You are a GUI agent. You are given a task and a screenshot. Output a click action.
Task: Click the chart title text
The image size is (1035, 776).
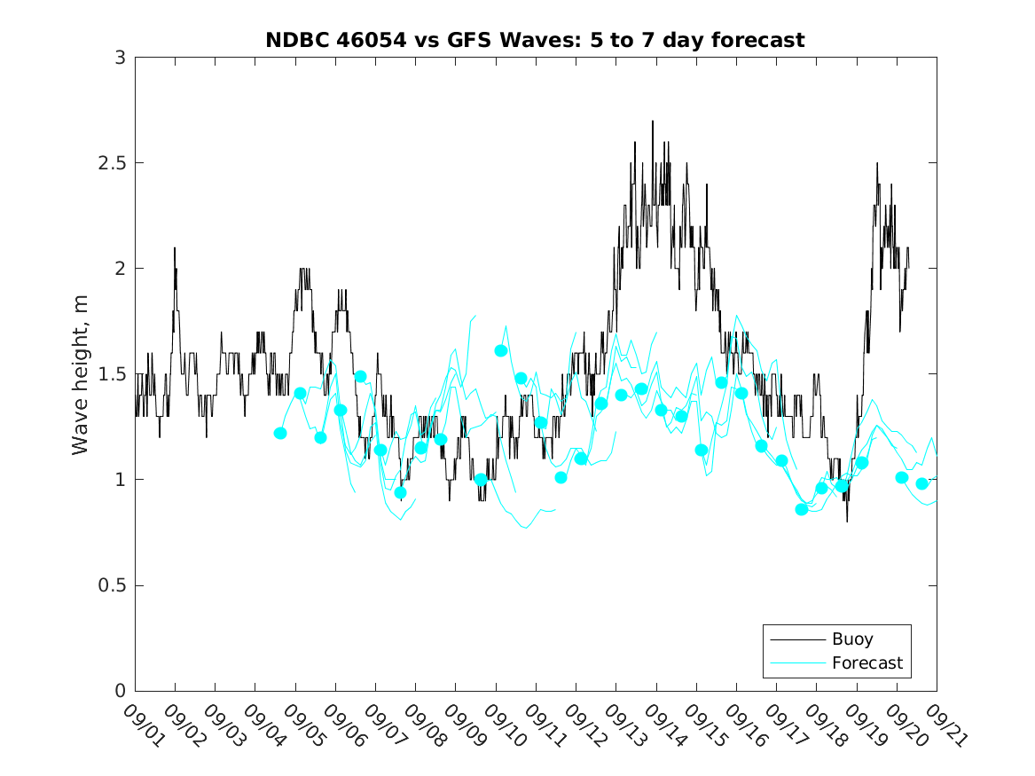(x=535, y=40)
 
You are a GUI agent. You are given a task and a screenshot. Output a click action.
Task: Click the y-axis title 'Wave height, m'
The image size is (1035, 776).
(x=81, y=374)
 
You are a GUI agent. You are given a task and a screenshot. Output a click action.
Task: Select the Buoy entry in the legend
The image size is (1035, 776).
(x=851, y=639)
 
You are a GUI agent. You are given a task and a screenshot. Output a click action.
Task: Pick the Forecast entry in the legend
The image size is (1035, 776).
(x=866, y=662)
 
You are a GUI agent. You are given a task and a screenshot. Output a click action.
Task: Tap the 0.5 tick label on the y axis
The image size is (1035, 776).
(x=114, y=585)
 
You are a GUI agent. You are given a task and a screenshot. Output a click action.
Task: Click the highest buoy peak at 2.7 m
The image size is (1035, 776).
(x=653, y=121)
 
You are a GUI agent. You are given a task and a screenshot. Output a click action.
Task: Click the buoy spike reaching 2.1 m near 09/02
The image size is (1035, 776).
(x=175, y=247)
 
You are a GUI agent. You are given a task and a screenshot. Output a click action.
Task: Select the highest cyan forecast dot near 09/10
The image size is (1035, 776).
(x=501, y=350)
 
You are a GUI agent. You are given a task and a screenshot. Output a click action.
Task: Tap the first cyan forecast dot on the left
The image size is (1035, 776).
(x=280, y=433)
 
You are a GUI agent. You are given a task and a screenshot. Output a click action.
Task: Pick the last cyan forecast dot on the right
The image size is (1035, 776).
(x=922, y=483)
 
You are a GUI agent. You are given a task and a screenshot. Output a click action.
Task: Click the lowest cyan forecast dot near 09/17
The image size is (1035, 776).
(x=802, y=509)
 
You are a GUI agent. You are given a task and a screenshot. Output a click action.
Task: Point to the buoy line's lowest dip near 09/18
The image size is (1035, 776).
(x=847, y=521)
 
